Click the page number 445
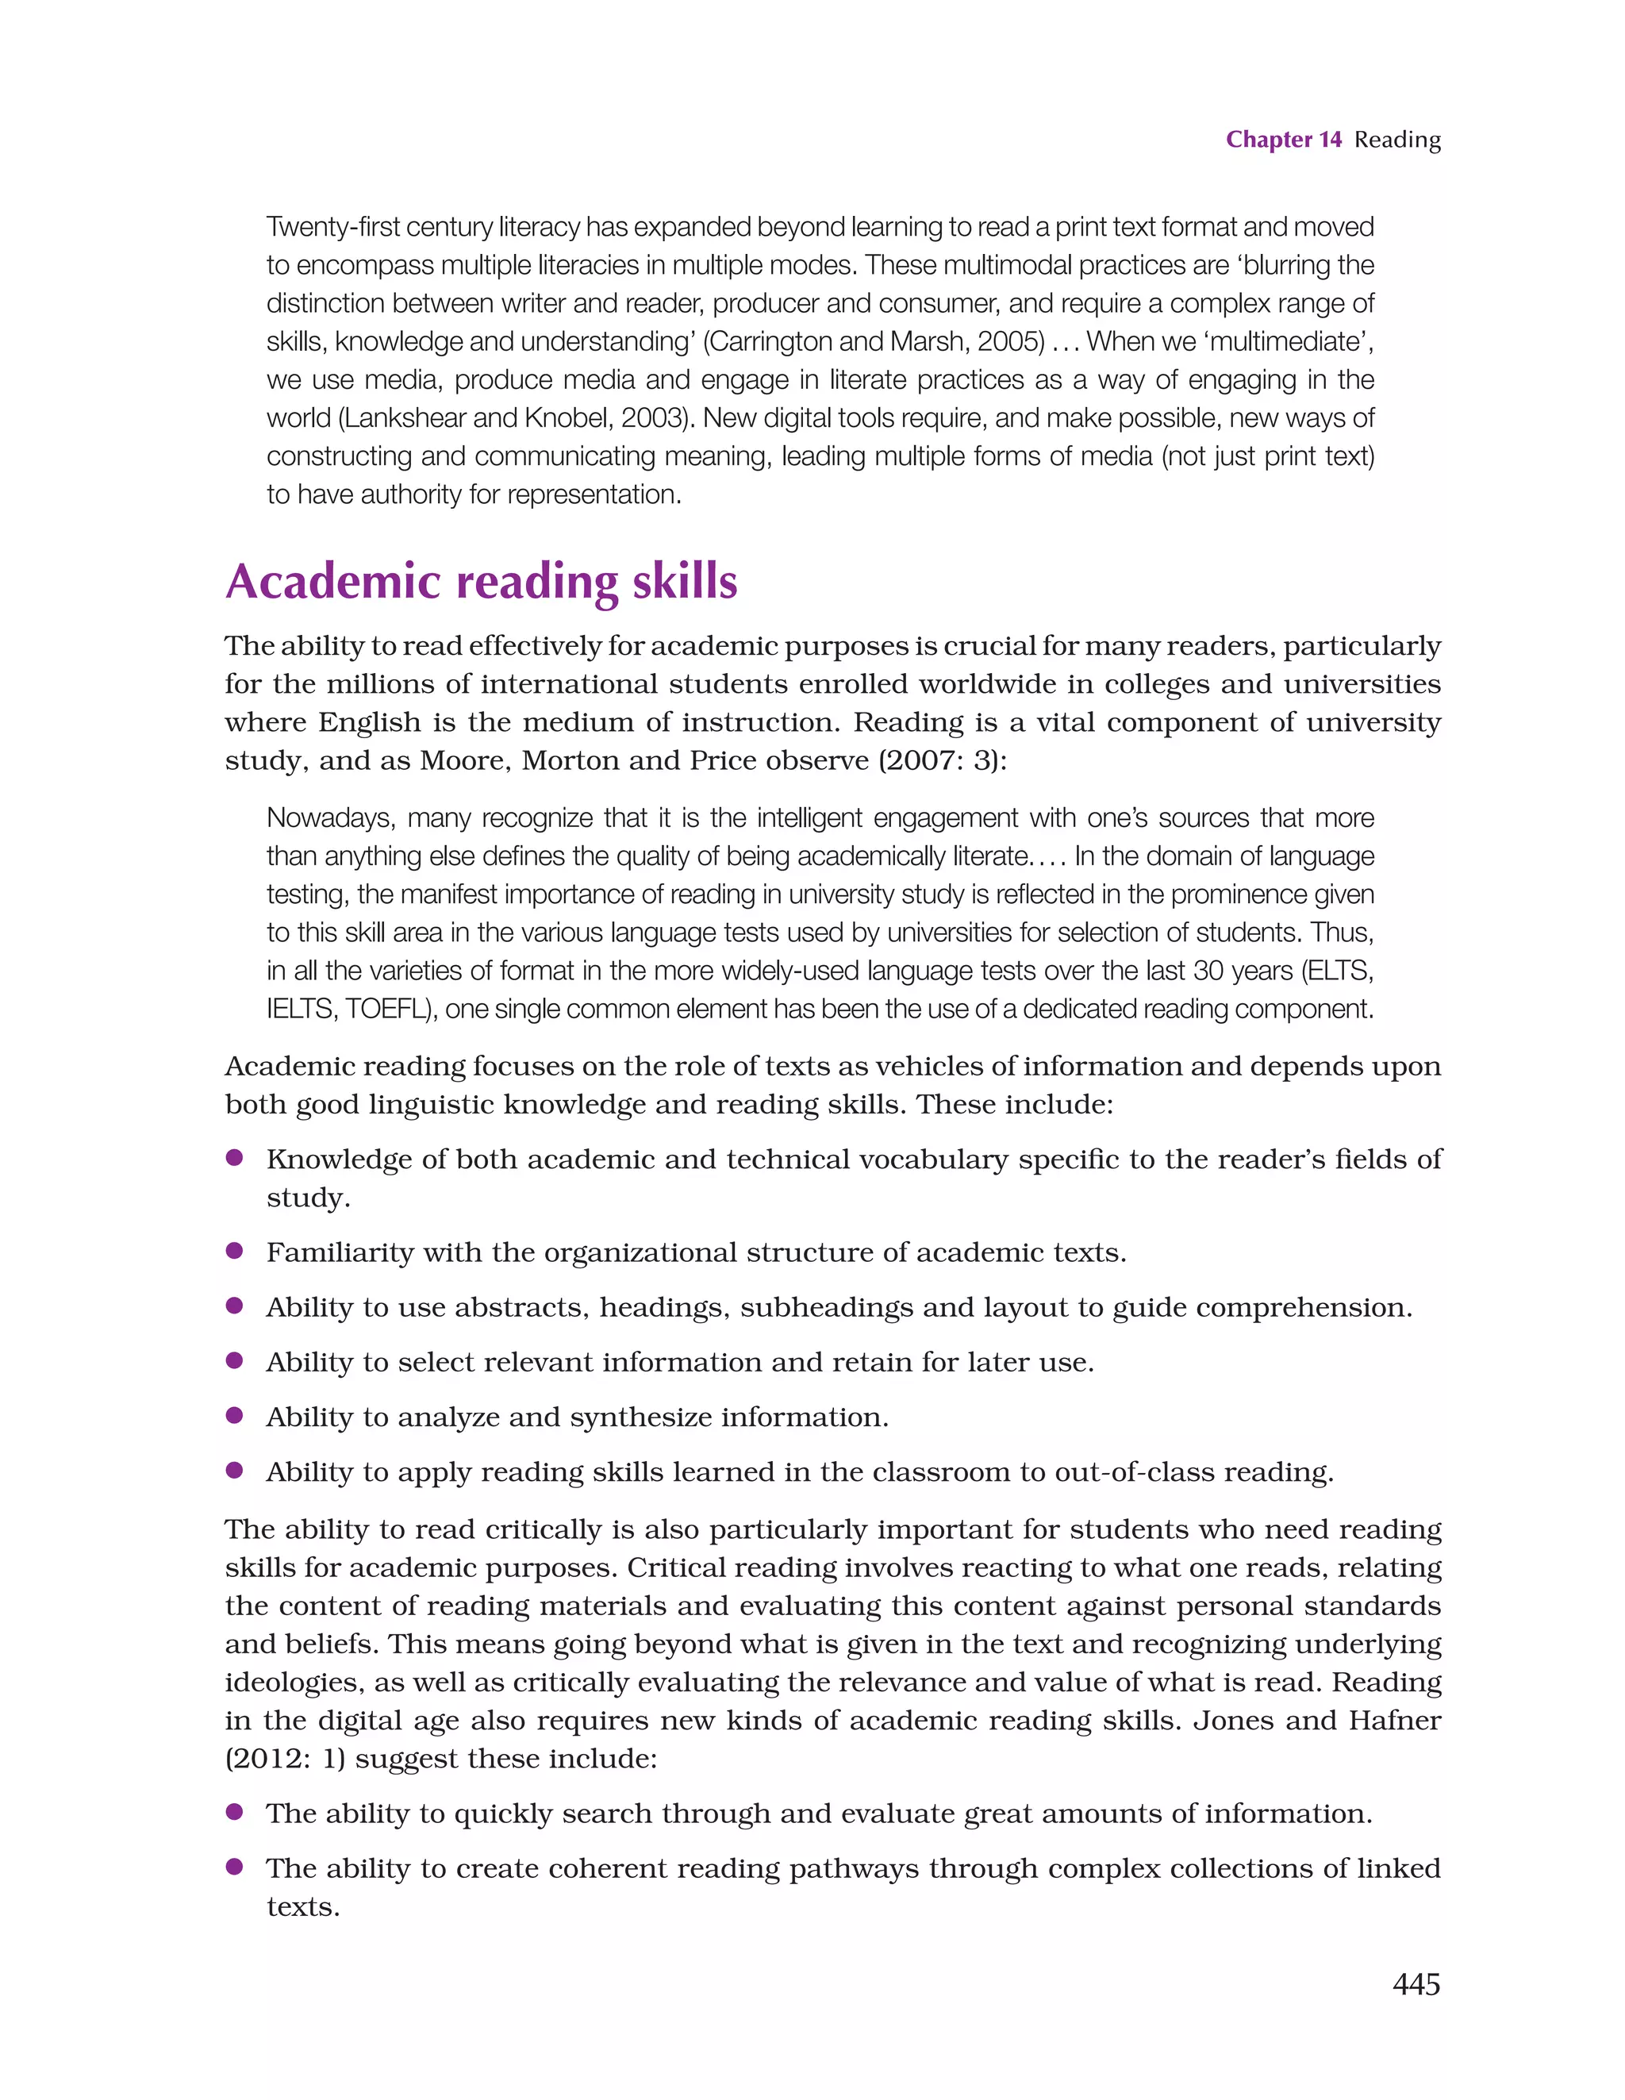click(x=1416, y=1983)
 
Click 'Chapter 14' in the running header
click(x=1283, y=140)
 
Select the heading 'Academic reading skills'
click(x=481, y=582)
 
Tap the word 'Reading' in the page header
click(x=1397, y=140)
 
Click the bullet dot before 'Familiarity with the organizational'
click(x=233, y=1250)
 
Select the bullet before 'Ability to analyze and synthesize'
click(x=233, y=1414)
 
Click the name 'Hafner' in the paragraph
click(x=1394, y=1719)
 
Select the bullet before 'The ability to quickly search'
click(x=233, y=1812)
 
